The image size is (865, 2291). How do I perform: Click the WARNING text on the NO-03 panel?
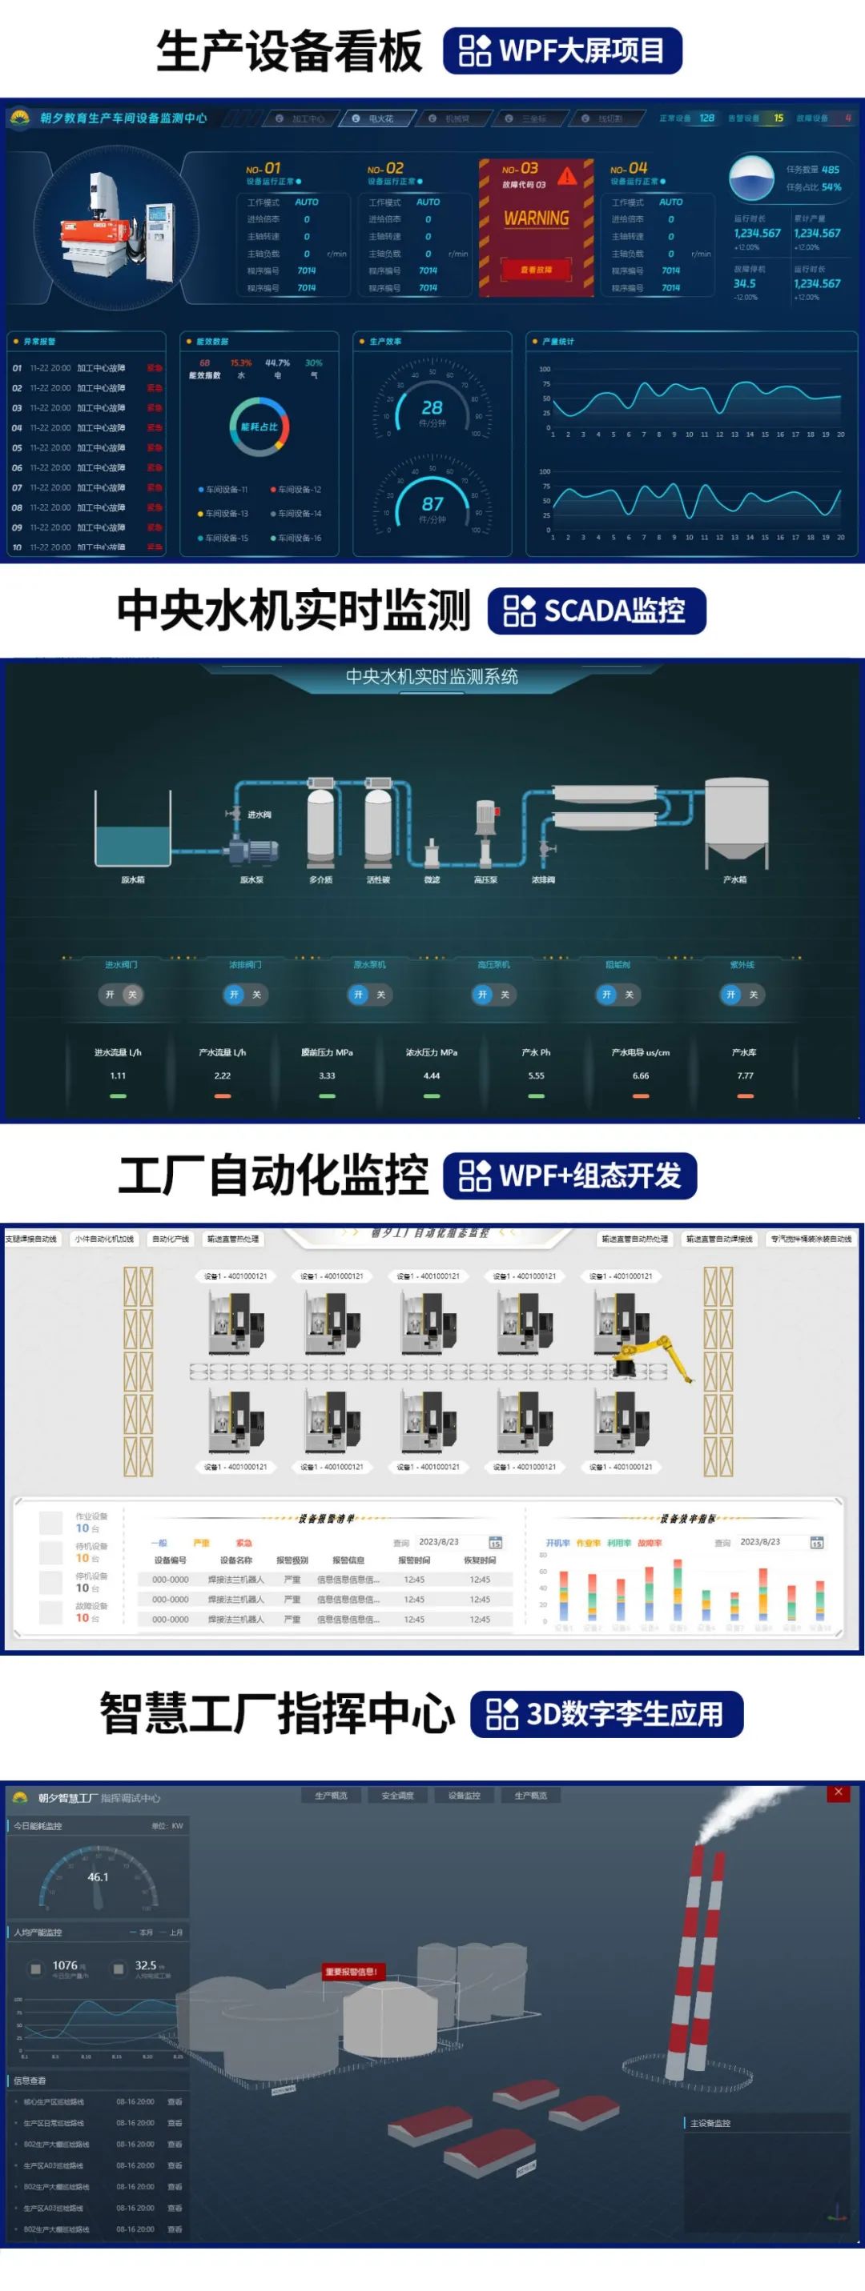[536, 218]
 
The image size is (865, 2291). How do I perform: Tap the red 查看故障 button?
[536, 270]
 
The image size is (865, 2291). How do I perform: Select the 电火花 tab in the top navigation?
[379, 118]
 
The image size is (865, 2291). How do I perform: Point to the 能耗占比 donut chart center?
[259, 427]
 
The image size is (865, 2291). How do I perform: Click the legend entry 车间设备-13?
[224, 514]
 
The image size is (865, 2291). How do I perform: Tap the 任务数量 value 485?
[831, 169]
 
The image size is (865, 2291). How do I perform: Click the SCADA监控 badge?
[596, 611]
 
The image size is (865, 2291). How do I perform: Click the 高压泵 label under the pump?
[486, 880]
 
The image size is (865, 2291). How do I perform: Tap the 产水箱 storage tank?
[737, 822]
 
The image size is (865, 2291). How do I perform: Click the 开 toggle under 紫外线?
[730, 995]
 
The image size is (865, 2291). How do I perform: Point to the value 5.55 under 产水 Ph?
[536, 1076]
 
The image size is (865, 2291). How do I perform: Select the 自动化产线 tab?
[170, 1239]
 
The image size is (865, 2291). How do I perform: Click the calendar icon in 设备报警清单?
[496, 1542]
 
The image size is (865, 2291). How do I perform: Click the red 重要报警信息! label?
[352, 1972]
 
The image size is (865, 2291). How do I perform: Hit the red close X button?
[839, 1792]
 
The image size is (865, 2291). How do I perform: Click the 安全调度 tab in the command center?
[398, 1796]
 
